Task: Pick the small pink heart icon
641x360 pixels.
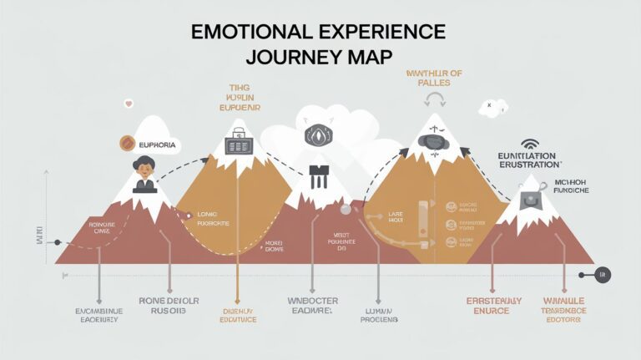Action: (129, 104)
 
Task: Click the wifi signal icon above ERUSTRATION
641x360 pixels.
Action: (530, 145)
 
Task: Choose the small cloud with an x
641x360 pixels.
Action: (491, 106)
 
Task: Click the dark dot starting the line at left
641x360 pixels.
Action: (58, 242)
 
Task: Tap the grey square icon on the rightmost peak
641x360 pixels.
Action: (529, 198)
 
